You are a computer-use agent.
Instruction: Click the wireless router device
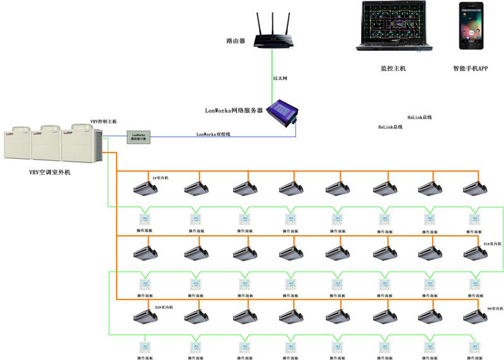point(272,39)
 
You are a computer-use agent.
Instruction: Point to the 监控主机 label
point(393,68)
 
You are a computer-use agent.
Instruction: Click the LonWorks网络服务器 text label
point(234,110)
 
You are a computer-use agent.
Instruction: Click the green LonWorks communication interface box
point(139,136)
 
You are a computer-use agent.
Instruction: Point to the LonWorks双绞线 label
point(214,134)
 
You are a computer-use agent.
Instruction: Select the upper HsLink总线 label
point(420,117)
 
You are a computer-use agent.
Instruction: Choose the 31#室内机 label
point(491,243)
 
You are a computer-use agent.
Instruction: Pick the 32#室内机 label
point(164,307)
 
